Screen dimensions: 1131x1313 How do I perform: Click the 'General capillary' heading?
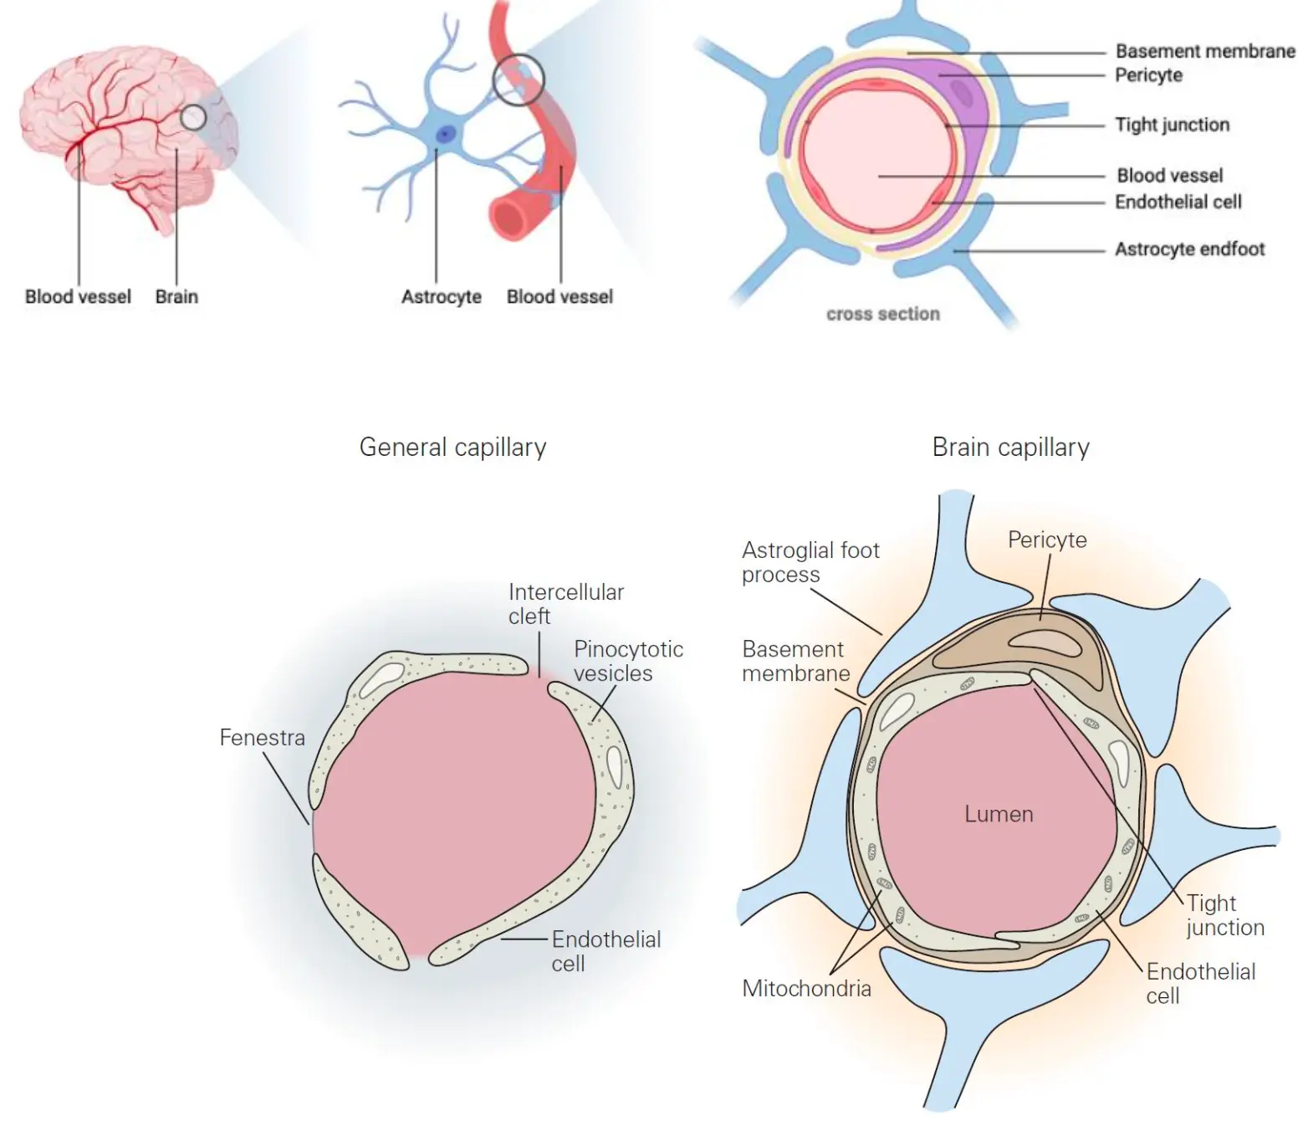click(x=452, y=448)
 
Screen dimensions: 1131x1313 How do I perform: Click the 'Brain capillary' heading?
click(x=1010, y=448)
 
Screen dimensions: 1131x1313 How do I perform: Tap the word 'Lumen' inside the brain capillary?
click(x=999, y=814)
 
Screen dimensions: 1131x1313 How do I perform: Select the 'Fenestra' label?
click(x=262, y=738)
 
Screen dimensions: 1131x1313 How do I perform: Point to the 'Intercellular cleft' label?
click(x=565, y=604)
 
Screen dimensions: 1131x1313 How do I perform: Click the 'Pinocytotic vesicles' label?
click(x=628, y=661)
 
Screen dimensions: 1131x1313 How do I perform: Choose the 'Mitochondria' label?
click(x=806, y=989)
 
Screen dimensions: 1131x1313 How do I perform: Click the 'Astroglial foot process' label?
click(x=810, y=562)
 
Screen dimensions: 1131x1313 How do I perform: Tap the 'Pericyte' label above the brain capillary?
click(x=1047, y=540)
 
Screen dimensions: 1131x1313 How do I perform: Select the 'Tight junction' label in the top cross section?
click(x=1172, y=125)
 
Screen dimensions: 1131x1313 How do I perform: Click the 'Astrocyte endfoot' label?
click(x=1189, y=249)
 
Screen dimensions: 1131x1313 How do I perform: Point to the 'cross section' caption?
click(x=883, y=315)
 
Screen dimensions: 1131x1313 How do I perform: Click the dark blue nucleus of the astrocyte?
click(x=446, y=134)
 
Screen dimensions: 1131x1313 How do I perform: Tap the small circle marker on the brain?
click(x=193, y=117)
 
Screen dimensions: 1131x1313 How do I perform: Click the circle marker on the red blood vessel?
click(x=519, y=79)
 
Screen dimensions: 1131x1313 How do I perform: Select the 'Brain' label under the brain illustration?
click(x=176, y=297)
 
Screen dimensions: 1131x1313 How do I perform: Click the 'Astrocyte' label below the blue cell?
click(x=441, y=297)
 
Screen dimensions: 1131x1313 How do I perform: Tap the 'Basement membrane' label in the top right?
click(x=1205, y=51)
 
